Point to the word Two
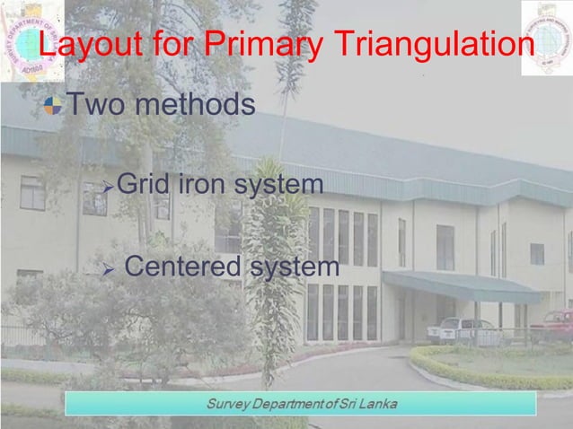click(x=95, y=105)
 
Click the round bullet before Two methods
click(x=55, y=107)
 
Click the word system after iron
click(x=278, y=186)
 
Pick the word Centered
click(x=181, y=267)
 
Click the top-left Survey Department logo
click(x=31, y=40)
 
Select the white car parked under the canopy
click(x=462, y=329)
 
